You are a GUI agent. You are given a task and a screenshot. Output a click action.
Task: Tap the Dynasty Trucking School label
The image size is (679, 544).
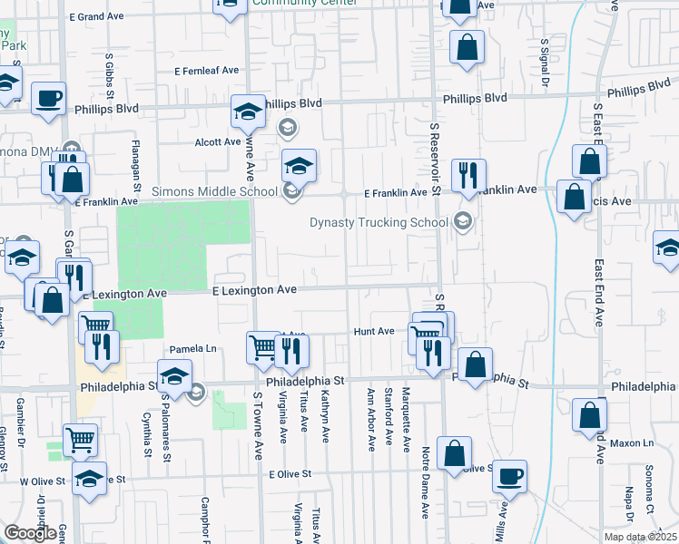(379, 222)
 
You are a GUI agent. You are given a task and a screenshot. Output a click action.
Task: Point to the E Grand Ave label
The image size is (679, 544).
(100, 16)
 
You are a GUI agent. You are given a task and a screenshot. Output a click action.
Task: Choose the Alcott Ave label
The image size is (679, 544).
(217, 142)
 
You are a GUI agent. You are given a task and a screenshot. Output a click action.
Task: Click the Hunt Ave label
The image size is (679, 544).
(374, 332)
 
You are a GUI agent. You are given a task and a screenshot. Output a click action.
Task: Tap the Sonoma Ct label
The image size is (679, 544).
(649, 488)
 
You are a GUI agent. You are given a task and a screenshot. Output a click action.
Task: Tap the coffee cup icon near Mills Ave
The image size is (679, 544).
(510, 475)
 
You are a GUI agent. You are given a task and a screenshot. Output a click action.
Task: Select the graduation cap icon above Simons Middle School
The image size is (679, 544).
(299, 164)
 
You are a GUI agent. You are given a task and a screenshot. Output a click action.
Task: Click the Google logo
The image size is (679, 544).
(31, 533)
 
